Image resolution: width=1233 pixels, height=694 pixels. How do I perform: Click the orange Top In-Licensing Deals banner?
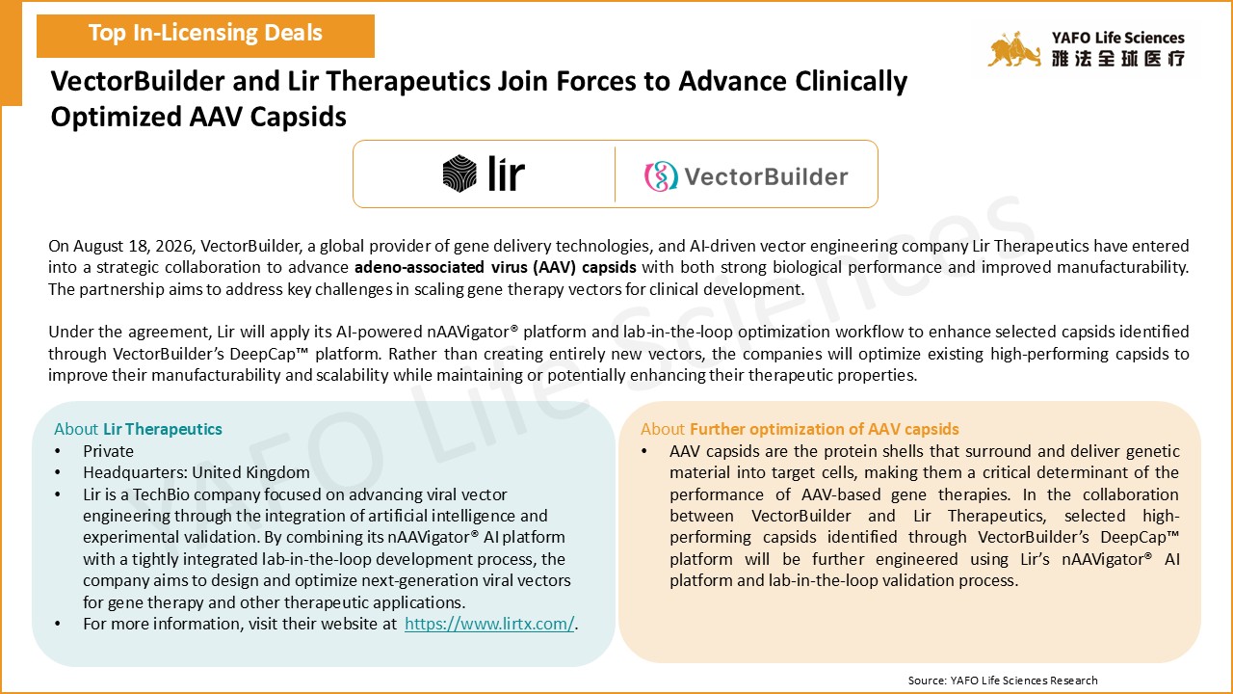click(x=205, y=36)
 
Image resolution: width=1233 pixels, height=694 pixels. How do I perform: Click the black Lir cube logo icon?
click(x=459, y=173)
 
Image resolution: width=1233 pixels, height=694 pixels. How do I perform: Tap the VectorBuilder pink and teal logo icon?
click(x=661, y=176)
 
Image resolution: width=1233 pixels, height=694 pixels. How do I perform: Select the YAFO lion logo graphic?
click(x=1014, y=49)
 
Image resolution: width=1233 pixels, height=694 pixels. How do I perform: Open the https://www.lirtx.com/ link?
click(x=489, y=624)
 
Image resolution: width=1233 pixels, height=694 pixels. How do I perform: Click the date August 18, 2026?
click(x=133, y=246)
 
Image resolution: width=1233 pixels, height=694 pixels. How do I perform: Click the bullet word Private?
click(x=109, y=451)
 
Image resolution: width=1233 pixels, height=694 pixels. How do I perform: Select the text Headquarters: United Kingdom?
click(x=196, y=472)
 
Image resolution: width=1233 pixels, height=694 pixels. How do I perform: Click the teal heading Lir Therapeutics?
click(x=163, y=429)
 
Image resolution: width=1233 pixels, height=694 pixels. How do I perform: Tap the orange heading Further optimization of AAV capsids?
click(x=824, y=429)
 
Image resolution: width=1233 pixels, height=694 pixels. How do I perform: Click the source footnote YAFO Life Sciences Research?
click(x=1024, y=681)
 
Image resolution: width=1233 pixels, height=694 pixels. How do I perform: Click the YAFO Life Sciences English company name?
click(x=1118, y=38)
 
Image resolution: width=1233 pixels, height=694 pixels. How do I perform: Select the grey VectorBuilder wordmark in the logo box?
click(x=766, y=176)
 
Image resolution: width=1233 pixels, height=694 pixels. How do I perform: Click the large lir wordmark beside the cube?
click(x=507, y=173)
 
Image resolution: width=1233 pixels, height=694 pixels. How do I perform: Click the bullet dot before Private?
click(x=58, y=452)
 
